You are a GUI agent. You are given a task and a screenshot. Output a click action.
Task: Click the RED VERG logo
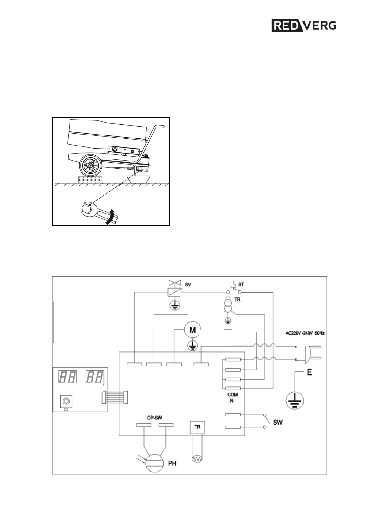pos(304,26)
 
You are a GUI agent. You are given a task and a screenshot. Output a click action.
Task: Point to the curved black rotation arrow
pos(111,217)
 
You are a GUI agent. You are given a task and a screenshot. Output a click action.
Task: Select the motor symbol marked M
pos(193,330)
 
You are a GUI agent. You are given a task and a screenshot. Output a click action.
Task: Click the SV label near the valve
pos(188,284)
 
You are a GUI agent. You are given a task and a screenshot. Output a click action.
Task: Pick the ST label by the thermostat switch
pos(241,285)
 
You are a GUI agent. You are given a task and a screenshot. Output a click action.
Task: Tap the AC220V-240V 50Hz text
pos(305,334)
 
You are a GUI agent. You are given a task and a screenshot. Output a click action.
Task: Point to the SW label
pos(278,423)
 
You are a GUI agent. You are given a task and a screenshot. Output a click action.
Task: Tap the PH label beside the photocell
pos(172,464)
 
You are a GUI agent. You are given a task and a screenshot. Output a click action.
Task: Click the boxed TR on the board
pos(197,427)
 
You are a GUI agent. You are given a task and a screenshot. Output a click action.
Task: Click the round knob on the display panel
pos(65,401)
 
